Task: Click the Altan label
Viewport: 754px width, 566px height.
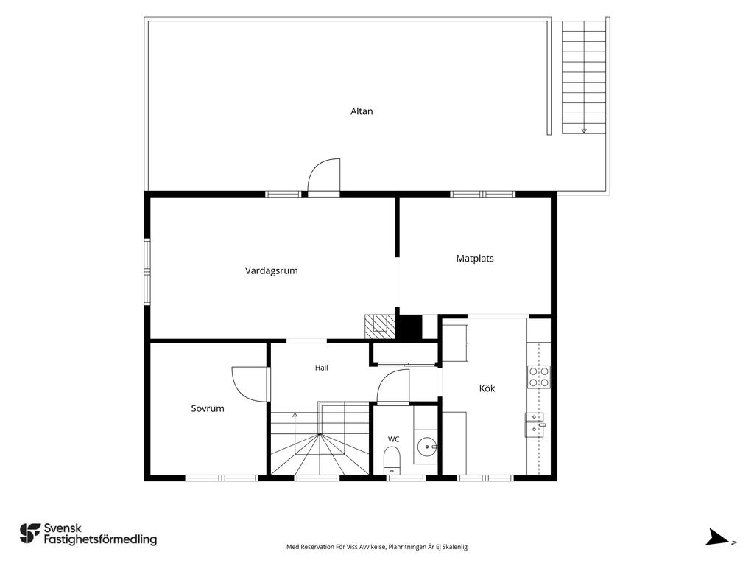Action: pyautogui.click(x=361, y=111)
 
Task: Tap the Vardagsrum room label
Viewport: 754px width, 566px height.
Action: pyautogui.click(x=271, y=271)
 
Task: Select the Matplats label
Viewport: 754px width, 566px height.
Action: pyautogui.click(x=475, y=259)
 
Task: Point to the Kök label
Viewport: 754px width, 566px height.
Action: pyautogui.click(x=487, y=388)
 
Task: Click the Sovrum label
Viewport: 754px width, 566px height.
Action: pyautogui.click(x=207, y=408)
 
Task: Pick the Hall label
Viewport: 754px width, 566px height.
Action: pyautogui.click(x=321, y=368)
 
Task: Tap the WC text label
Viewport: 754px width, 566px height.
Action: pyautogui.click(x=393, y=439)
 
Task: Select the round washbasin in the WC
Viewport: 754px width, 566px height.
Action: pyautogui.click(x=426, y=447)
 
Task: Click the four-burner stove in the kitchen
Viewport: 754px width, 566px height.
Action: pyautogui.click(x=539, y=377)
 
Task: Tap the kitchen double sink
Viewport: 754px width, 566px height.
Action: pyautogui.click(x=535, y=424)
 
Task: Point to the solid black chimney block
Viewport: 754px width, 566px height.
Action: pyautogui.click(x=409, y=327)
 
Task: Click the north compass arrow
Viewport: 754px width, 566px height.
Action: pyautogui.click(x=717, y=537)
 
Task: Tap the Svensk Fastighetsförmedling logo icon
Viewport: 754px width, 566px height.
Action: pyautogui.click(x=29, y=534)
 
